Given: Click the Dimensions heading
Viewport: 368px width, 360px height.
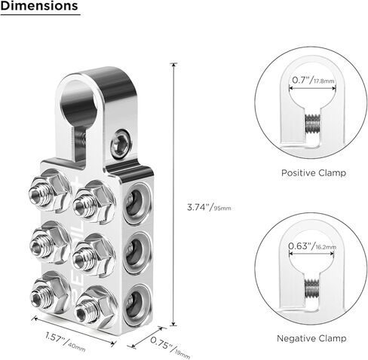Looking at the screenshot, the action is pyautogui.click(x=39, y=5).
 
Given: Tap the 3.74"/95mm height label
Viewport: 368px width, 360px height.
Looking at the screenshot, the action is pyautogui.click(x=209, y=207).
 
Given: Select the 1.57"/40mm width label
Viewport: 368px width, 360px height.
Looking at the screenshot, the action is pyautogui.click(x=66, y=342).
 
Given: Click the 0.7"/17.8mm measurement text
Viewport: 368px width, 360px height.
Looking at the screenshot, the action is pyautogui.click(x=313, y=80).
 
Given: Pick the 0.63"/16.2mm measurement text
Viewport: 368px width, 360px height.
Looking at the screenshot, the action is pyautogui.click(x=312, y=246).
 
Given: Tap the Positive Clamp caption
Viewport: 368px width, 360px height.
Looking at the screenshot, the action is pyautogui.click(x=314, y=172).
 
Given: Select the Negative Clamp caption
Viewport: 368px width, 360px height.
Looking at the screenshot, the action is pyautogui.click(x=311, y=338).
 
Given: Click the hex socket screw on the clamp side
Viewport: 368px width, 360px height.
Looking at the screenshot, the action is pyautogui.click(x=121, y=144).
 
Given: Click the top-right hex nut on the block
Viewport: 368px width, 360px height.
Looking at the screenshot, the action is pyautogui.click(x=94, y=203).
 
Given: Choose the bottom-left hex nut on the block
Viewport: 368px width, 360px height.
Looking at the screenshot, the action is pyautogui.click(x=51, y=294).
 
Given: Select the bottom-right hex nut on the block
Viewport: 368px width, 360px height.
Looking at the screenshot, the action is pyautogui.click(x=95, y=307).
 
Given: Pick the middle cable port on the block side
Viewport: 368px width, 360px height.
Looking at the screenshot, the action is pyautogui.click(x=136, y=254).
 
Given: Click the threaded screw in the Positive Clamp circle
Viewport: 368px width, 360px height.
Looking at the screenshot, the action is pyautogui.click(x=312, y=124).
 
